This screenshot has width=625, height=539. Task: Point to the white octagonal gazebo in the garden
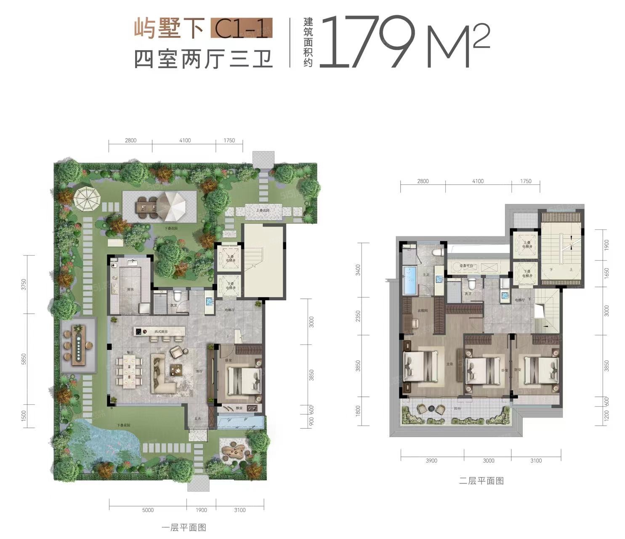pyautogui.click(x=86, y=199)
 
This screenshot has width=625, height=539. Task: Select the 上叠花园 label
pyautogui.click(x=263, y=210)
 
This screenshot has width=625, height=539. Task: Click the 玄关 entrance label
pyautogui.click(x=197, y=418)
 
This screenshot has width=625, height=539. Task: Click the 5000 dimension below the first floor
pyautogui.click(x=148, y=510)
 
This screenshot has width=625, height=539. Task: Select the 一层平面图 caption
pyautogui.click(x=184, y=528)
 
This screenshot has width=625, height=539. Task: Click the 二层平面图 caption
pyautogui.click(x=481, y=480)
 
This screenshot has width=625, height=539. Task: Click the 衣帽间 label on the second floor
pyautogui.click(x=423, y=311)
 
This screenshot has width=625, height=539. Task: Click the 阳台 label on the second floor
pyautogui.click(x=457, y=408)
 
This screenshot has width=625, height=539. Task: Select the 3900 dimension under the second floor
pyautogui.click(x=431, y=461)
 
